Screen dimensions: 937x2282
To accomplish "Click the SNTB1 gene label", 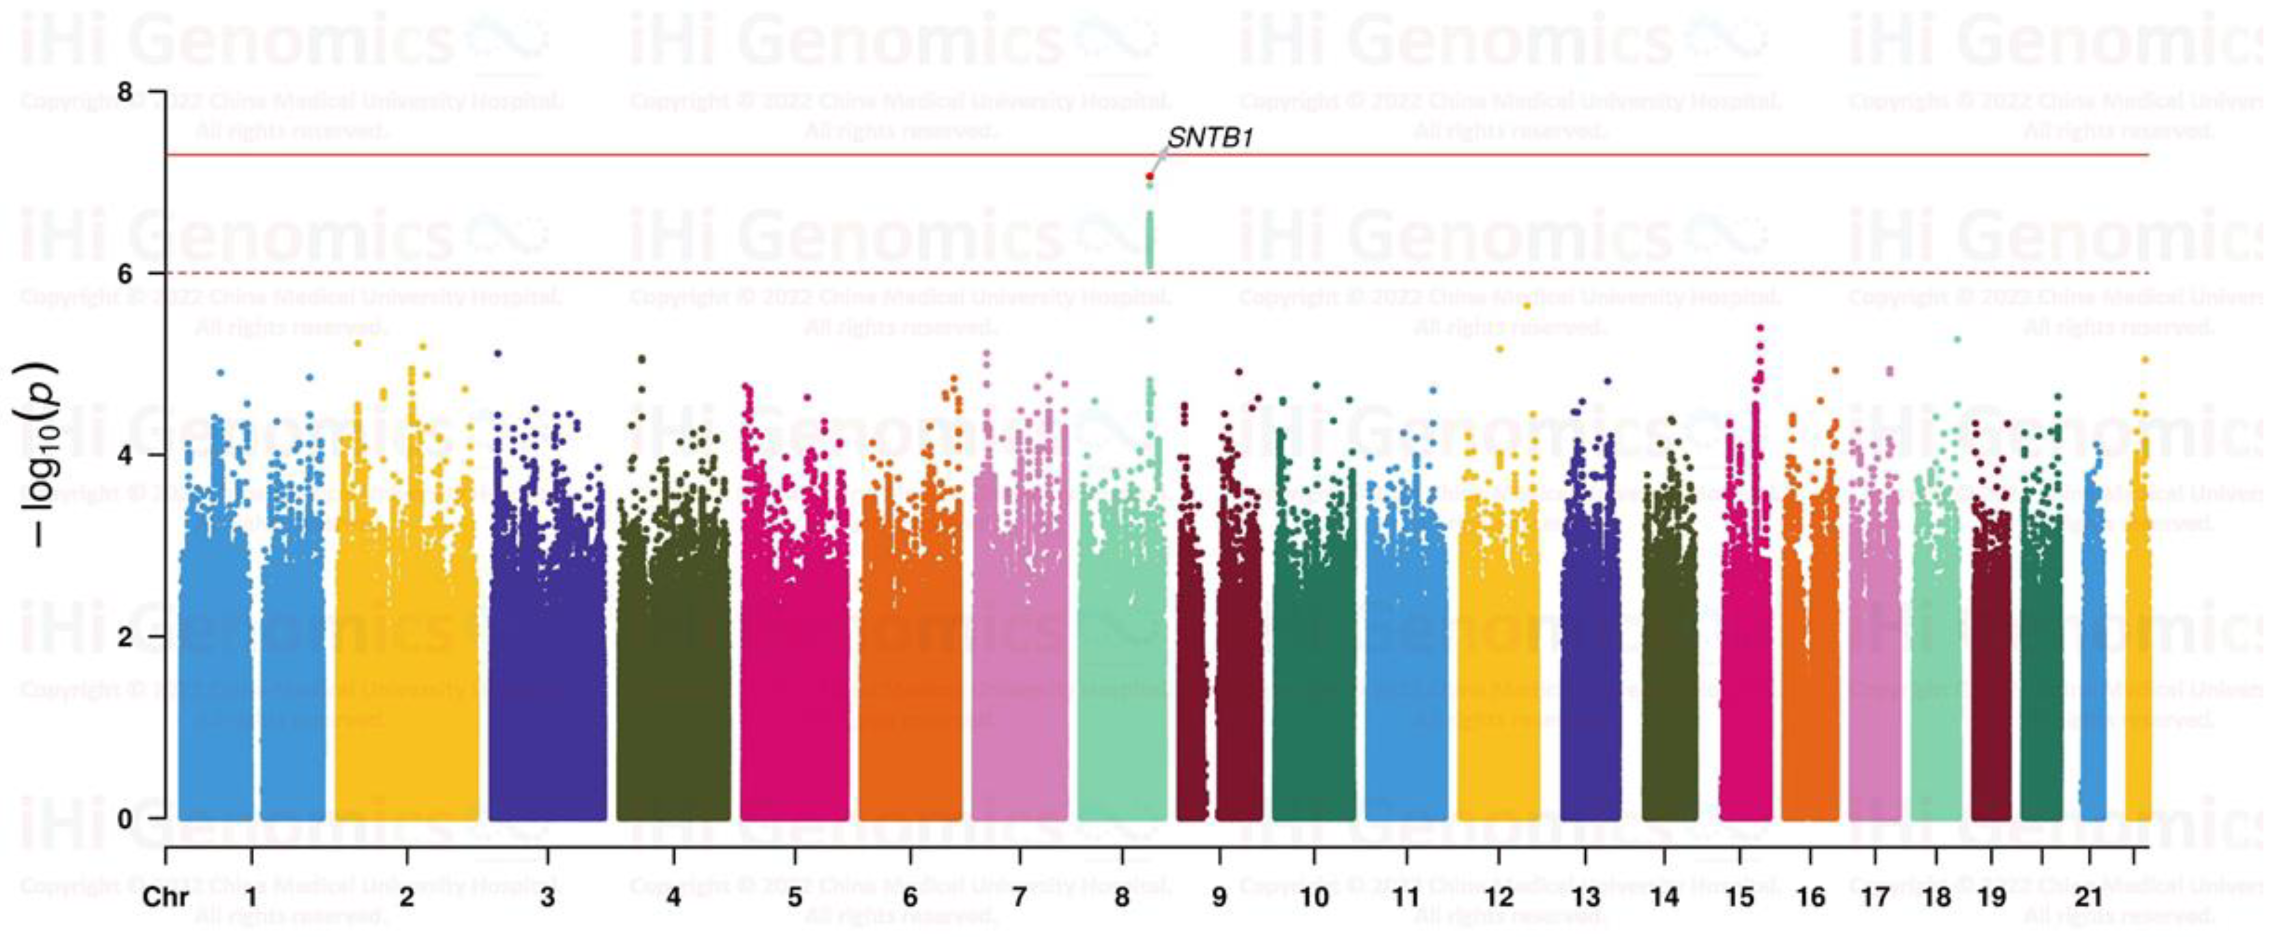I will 1209,138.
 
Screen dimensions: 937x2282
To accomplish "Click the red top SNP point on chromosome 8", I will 1149,176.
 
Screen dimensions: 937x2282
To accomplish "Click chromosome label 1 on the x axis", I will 252,897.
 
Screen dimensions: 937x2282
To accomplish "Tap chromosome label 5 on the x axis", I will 794,897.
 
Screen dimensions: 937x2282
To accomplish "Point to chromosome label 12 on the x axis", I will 1498,897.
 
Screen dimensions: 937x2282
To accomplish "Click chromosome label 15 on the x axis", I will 1740,897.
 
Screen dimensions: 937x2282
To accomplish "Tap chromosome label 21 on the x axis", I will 2089,897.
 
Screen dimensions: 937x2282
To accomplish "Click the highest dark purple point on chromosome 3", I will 498,353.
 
